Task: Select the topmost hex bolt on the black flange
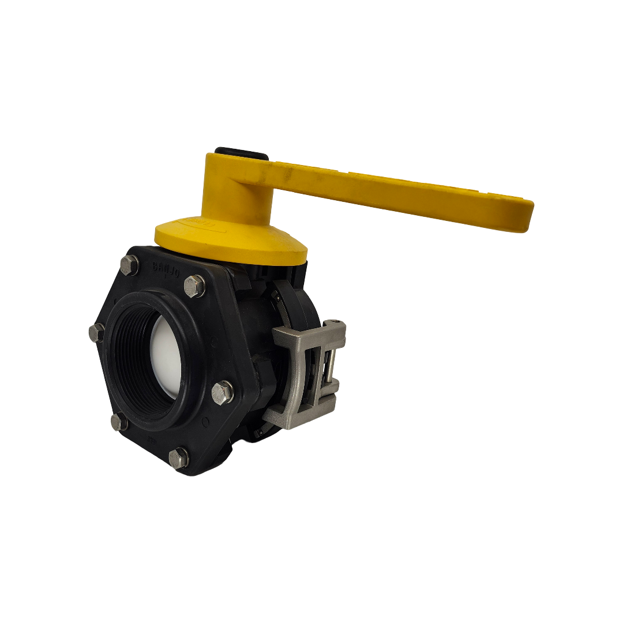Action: (129, 265)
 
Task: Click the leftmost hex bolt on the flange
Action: (96, 332)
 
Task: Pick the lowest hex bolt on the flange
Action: (179, 457)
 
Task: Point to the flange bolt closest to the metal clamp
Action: (223, 392)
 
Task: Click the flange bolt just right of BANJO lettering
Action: (194, 286)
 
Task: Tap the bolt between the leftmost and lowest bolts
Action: (119, 422)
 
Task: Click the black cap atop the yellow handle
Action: (241, 154)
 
